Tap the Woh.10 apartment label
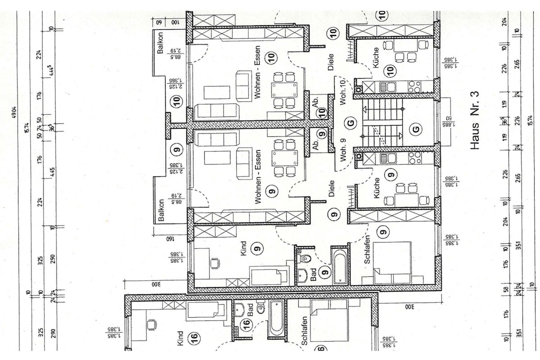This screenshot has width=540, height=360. tap(343, 92)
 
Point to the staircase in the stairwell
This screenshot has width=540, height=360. tap(382, 124)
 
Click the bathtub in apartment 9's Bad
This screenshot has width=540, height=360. tap(338, 265)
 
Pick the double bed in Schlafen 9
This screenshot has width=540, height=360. tap(392, 263)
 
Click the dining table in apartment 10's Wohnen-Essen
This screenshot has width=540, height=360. tap(284, 90)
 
